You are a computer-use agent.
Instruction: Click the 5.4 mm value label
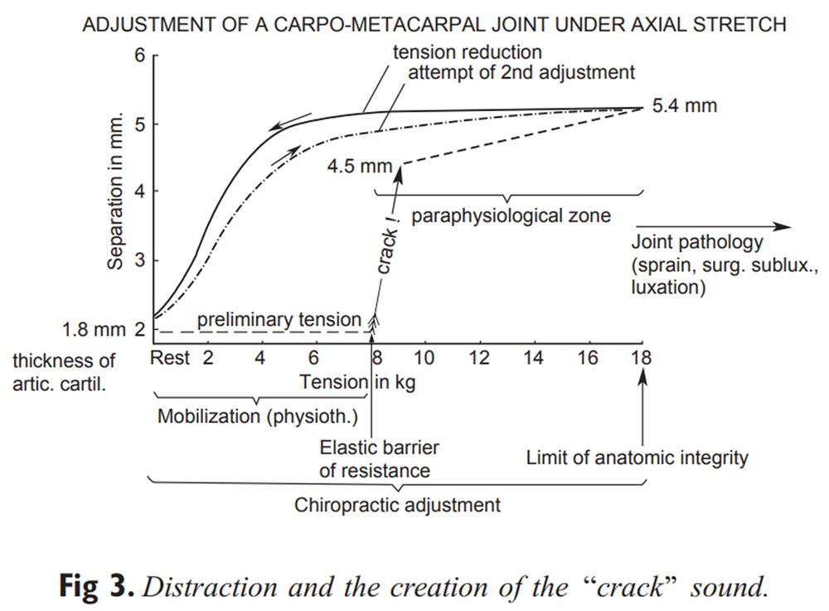click(x=685, y=106)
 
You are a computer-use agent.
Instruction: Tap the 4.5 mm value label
click(x=359, y=166)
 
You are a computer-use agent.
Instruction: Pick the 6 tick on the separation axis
click(x=139, y=56)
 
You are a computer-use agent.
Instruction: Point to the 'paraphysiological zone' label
click(x=511, y=216)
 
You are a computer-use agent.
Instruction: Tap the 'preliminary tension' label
click(x=280, y=319)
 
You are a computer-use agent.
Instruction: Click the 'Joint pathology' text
click(x=696, y=244)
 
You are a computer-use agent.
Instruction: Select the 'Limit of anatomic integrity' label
click(x=637, y=457)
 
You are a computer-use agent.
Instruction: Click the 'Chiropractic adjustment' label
click(x=397, y=504)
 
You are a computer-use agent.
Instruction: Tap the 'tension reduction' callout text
click(x=467, y=53)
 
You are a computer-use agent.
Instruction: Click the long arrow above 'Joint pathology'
click(x=714, y=226)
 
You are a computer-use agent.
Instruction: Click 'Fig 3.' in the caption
click(x=95, y=587)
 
